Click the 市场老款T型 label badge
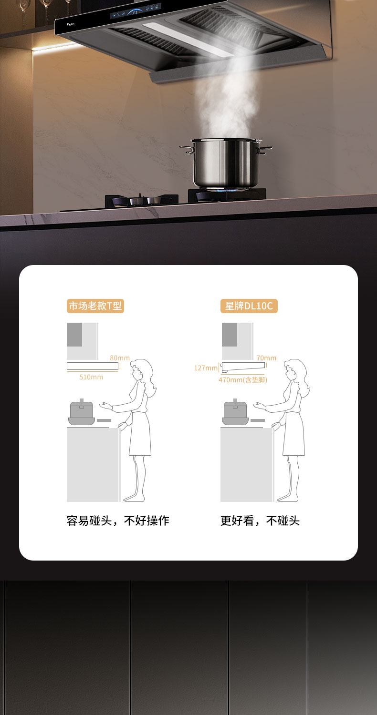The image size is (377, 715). tap(95, 306)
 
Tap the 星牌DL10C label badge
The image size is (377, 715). tap(249, 306)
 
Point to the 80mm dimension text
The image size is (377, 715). tap(120, 358)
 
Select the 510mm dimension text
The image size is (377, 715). tap(91, 377)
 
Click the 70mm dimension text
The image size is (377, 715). tap(266, 358)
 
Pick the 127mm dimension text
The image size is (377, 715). tap(206, 368)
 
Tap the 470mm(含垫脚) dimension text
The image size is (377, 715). tap(243, 380)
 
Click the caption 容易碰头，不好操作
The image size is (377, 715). tap(118, 521)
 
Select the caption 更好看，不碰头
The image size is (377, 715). tap(260, 521)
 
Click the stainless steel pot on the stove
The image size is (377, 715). tap(226, 163)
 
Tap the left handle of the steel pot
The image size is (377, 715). tap(187, 149)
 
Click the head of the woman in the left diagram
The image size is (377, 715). tap(141, 370)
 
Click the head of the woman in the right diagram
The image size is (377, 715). tap(295, 370)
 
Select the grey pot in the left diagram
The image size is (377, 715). tap(82, 412)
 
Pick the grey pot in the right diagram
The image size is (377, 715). tap(235, 412)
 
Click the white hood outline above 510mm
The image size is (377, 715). tap(93, 366)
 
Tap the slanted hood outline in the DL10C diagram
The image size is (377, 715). tap(243, 367)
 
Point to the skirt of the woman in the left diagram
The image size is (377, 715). tap(140, 433)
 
